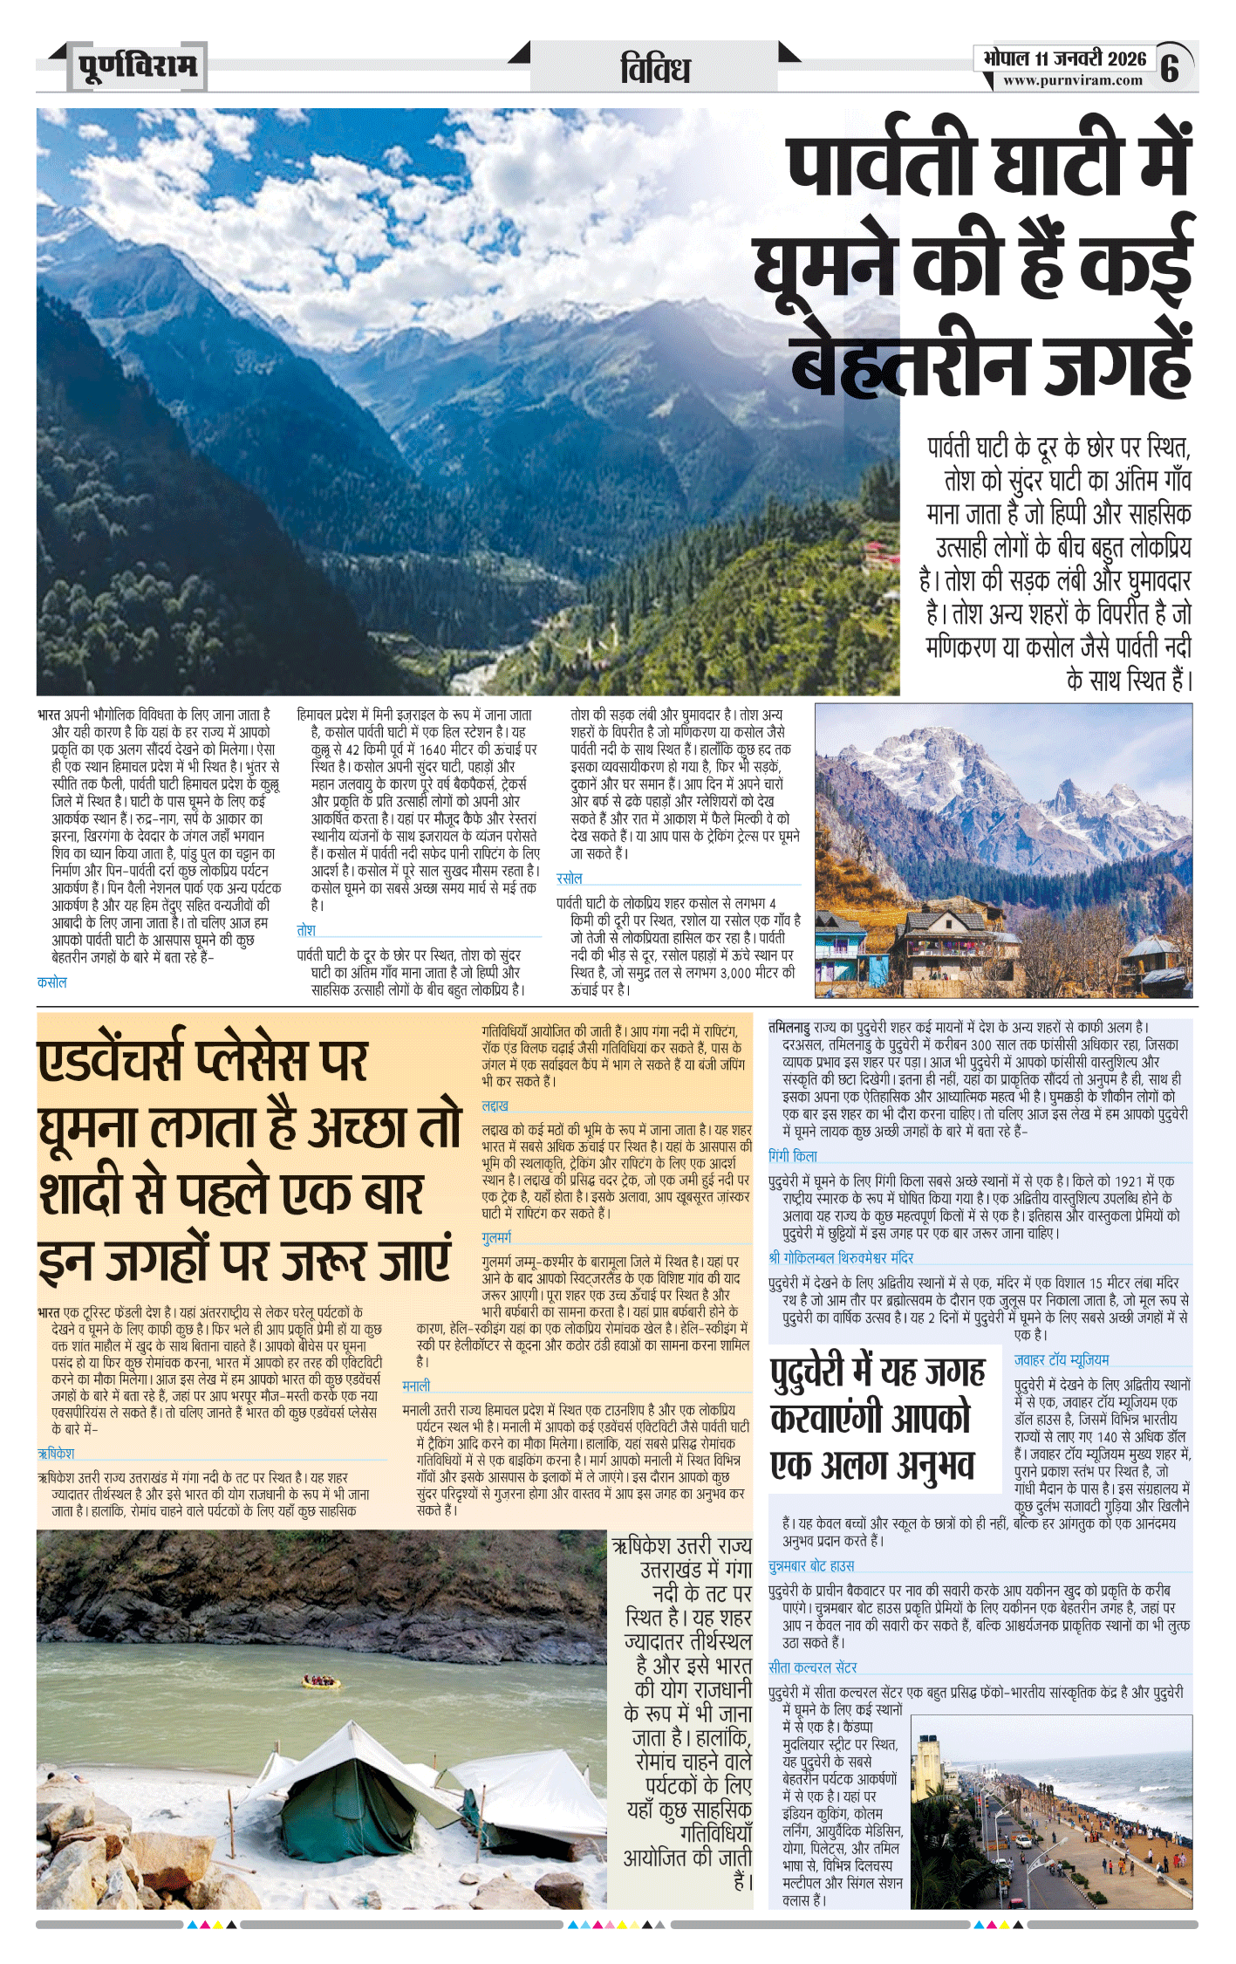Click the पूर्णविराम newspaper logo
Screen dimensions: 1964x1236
tap(137, 66)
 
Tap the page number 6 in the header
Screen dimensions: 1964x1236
tap(1170, 67)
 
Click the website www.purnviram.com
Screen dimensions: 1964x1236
tap(1072, 80)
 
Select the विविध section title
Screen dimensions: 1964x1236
tap(655, 69)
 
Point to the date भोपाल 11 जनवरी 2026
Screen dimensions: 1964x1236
tap(1064, 58)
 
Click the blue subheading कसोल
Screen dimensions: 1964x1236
tap(52, 982)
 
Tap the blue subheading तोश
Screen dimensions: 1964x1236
tap(306, 930)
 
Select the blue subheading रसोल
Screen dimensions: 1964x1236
tap(569, 878)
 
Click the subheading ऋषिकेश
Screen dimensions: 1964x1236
tap(56, 1454)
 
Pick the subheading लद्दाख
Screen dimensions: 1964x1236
tap(495, 1105)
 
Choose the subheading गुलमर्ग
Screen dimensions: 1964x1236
tap(496, 1237)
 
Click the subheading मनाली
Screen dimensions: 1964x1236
tap(416, 1386)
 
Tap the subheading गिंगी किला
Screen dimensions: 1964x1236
tap(793, 1156)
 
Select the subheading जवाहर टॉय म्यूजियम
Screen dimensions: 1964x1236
tap(1061, 1359)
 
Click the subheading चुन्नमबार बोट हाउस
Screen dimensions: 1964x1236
tap(811, 1566)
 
